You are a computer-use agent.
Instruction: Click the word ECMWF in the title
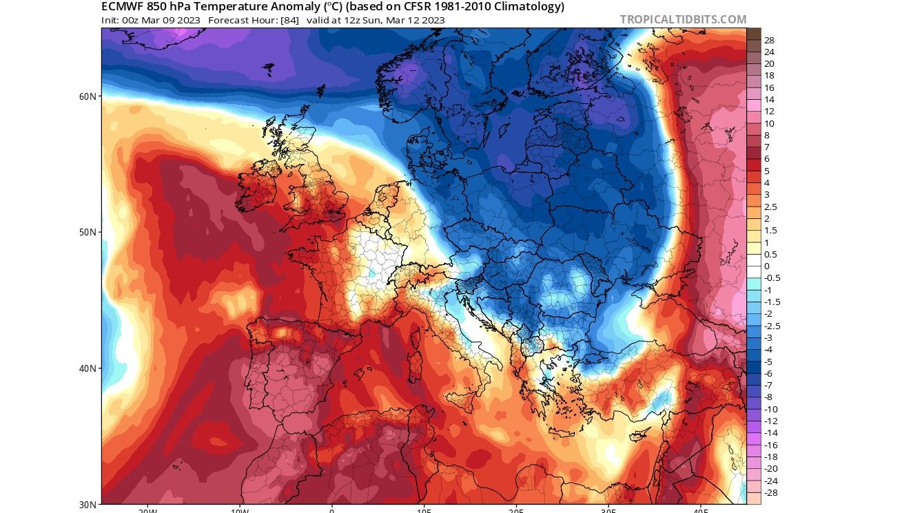coord(123,7)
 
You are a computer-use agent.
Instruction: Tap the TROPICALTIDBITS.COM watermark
coord(683,19)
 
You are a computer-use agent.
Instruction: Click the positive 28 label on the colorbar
coord(769,41)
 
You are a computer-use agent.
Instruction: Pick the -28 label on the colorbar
coord(770,493)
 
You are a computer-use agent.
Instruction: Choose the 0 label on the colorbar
coord(766,266)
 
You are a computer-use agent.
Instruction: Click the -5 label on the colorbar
coord(768,362)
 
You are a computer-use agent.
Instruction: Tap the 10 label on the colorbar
coord(769,124)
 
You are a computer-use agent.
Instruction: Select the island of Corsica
coord(416,335)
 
